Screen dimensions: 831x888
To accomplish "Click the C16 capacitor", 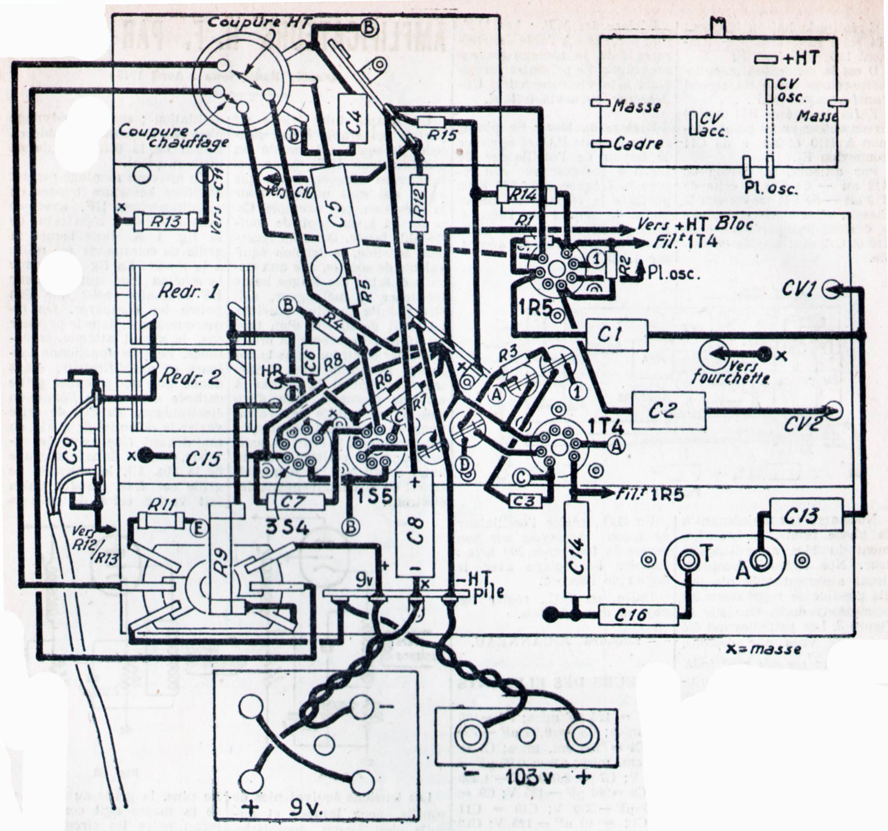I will [637, 616].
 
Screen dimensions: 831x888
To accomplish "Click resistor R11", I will [160, 520].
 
